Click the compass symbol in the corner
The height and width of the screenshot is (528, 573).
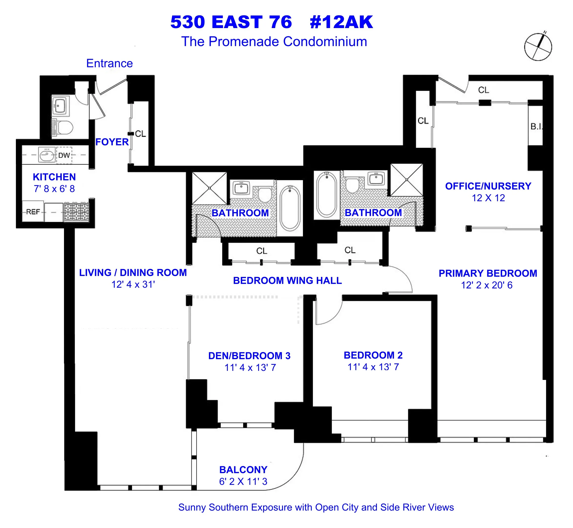point(538,47)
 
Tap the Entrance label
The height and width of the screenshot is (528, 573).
point(110,63)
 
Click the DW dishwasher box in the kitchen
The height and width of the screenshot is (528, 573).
point(64,155)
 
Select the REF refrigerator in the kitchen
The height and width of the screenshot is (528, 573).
point(33,212)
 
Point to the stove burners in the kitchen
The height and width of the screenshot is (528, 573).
point(76,212)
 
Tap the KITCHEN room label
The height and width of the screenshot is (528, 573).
point(54,177)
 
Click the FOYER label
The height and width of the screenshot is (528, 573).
point(112,142)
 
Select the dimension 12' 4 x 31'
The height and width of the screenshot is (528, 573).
point(133,284)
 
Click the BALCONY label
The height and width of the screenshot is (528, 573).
point(243,470)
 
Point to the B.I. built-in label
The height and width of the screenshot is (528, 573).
point(536,127)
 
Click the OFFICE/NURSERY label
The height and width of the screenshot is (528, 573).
point(488,186)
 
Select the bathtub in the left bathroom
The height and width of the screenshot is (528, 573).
point(290,208)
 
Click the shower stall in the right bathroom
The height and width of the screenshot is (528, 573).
point(406,180)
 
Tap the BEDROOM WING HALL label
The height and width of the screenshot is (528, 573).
point(287,281)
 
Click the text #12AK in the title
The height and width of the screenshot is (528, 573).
point(341,22)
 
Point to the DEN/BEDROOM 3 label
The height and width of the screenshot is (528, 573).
point(249,356)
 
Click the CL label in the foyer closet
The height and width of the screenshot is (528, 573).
point(140,134)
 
